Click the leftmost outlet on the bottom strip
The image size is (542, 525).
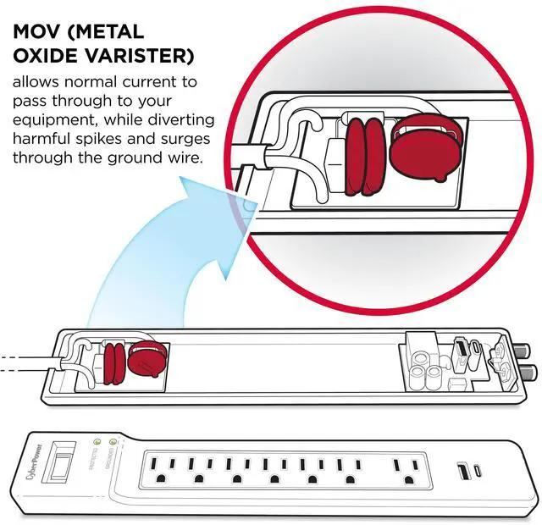(162, 469)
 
